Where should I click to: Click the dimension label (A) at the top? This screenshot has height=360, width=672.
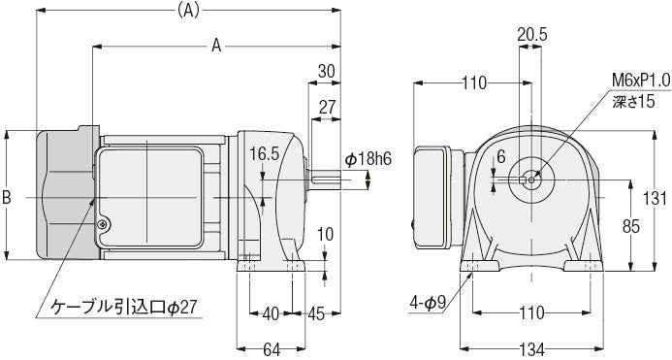pyautogui.click(x=188, y=11)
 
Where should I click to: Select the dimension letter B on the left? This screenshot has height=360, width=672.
pyautogui.click(x=7, y=197)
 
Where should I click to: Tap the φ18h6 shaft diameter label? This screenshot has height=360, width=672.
pyautogui.click(x=368, y=159)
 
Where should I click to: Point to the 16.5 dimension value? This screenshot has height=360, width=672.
pyautogui.click(x=265, y=154)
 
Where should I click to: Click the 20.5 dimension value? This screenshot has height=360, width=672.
pyautogui.click(x=531, y=35)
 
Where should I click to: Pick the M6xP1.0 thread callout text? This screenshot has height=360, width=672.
pyautogui.click(x=641, y=81)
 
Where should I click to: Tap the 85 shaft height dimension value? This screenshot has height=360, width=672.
pyautogui.click(x=631, y=226)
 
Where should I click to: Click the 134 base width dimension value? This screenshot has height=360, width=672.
pyautogui.click(x=532, y=349)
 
